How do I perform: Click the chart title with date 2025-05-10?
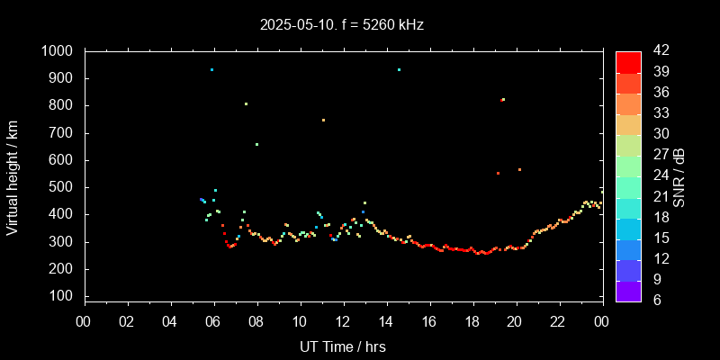(340, 25)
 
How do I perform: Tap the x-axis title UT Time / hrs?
(343, 346)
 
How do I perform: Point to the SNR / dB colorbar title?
(679, 175)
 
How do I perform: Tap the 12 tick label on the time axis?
(343, 320)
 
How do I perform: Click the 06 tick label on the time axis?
(214, 320)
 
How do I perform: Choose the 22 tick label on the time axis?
(559, 320)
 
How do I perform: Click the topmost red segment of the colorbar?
(628, 62)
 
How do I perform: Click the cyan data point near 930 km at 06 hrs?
(211, 69)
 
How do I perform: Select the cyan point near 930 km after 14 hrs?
(399, 69)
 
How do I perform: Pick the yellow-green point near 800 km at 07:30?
(246, 103)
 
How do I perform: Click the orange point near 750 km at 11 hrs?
(323, 120)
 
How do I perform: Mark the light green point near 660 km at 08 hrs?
(256, 144)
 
